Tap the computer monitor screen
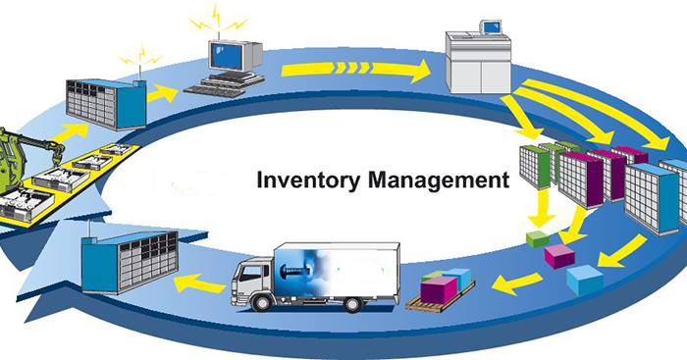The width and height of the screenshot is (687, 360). (225, 57)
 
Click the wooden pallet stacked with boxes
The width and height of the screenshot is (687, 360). (440, 291)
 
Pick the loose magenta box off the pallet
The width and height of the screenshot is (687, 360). (559, 256)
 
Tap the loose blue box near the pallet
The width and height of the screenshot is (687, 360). (585, 281)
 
